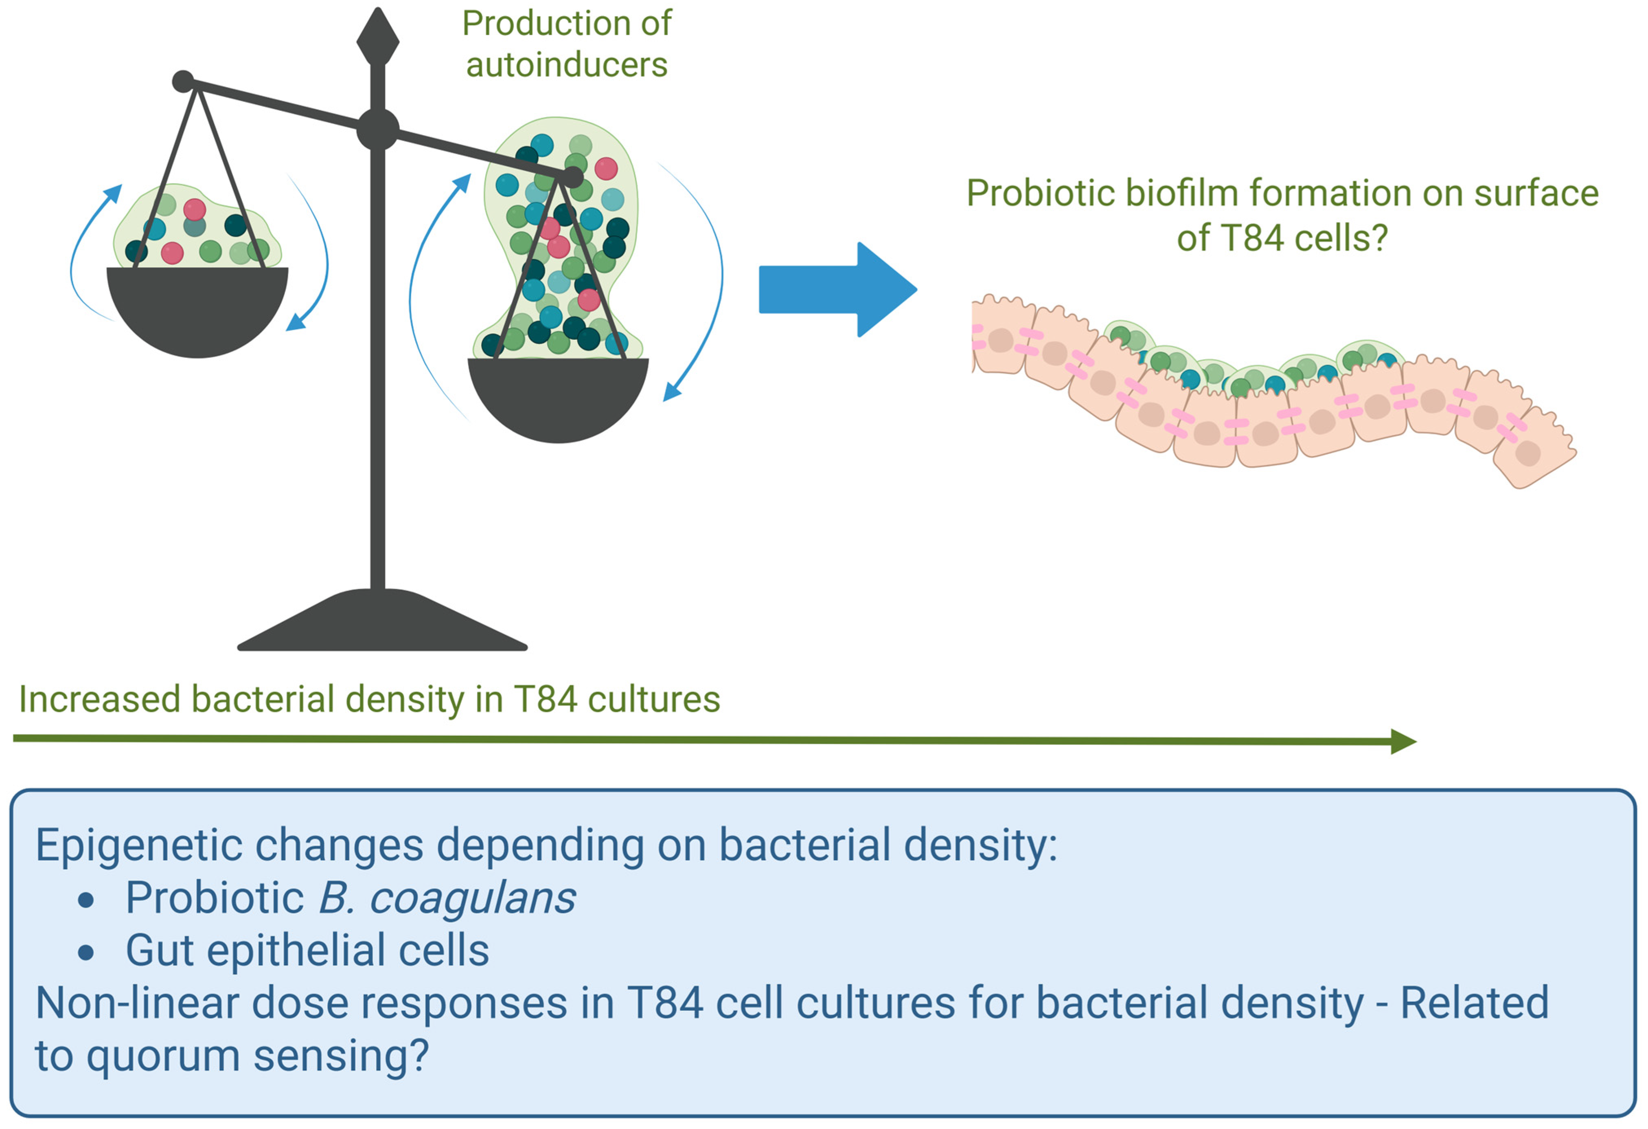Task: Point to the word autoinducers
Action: coord(567,64)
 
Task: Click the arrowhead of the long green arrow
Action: coord(1403,742)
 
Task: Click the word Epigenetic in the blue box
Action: coord(138,845)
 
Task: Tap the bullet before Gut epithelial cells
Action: coord(86,952)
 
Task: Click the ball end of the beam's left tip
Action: coord(183,81)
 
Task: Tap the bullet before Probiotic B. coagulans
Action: coord(86,900)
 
